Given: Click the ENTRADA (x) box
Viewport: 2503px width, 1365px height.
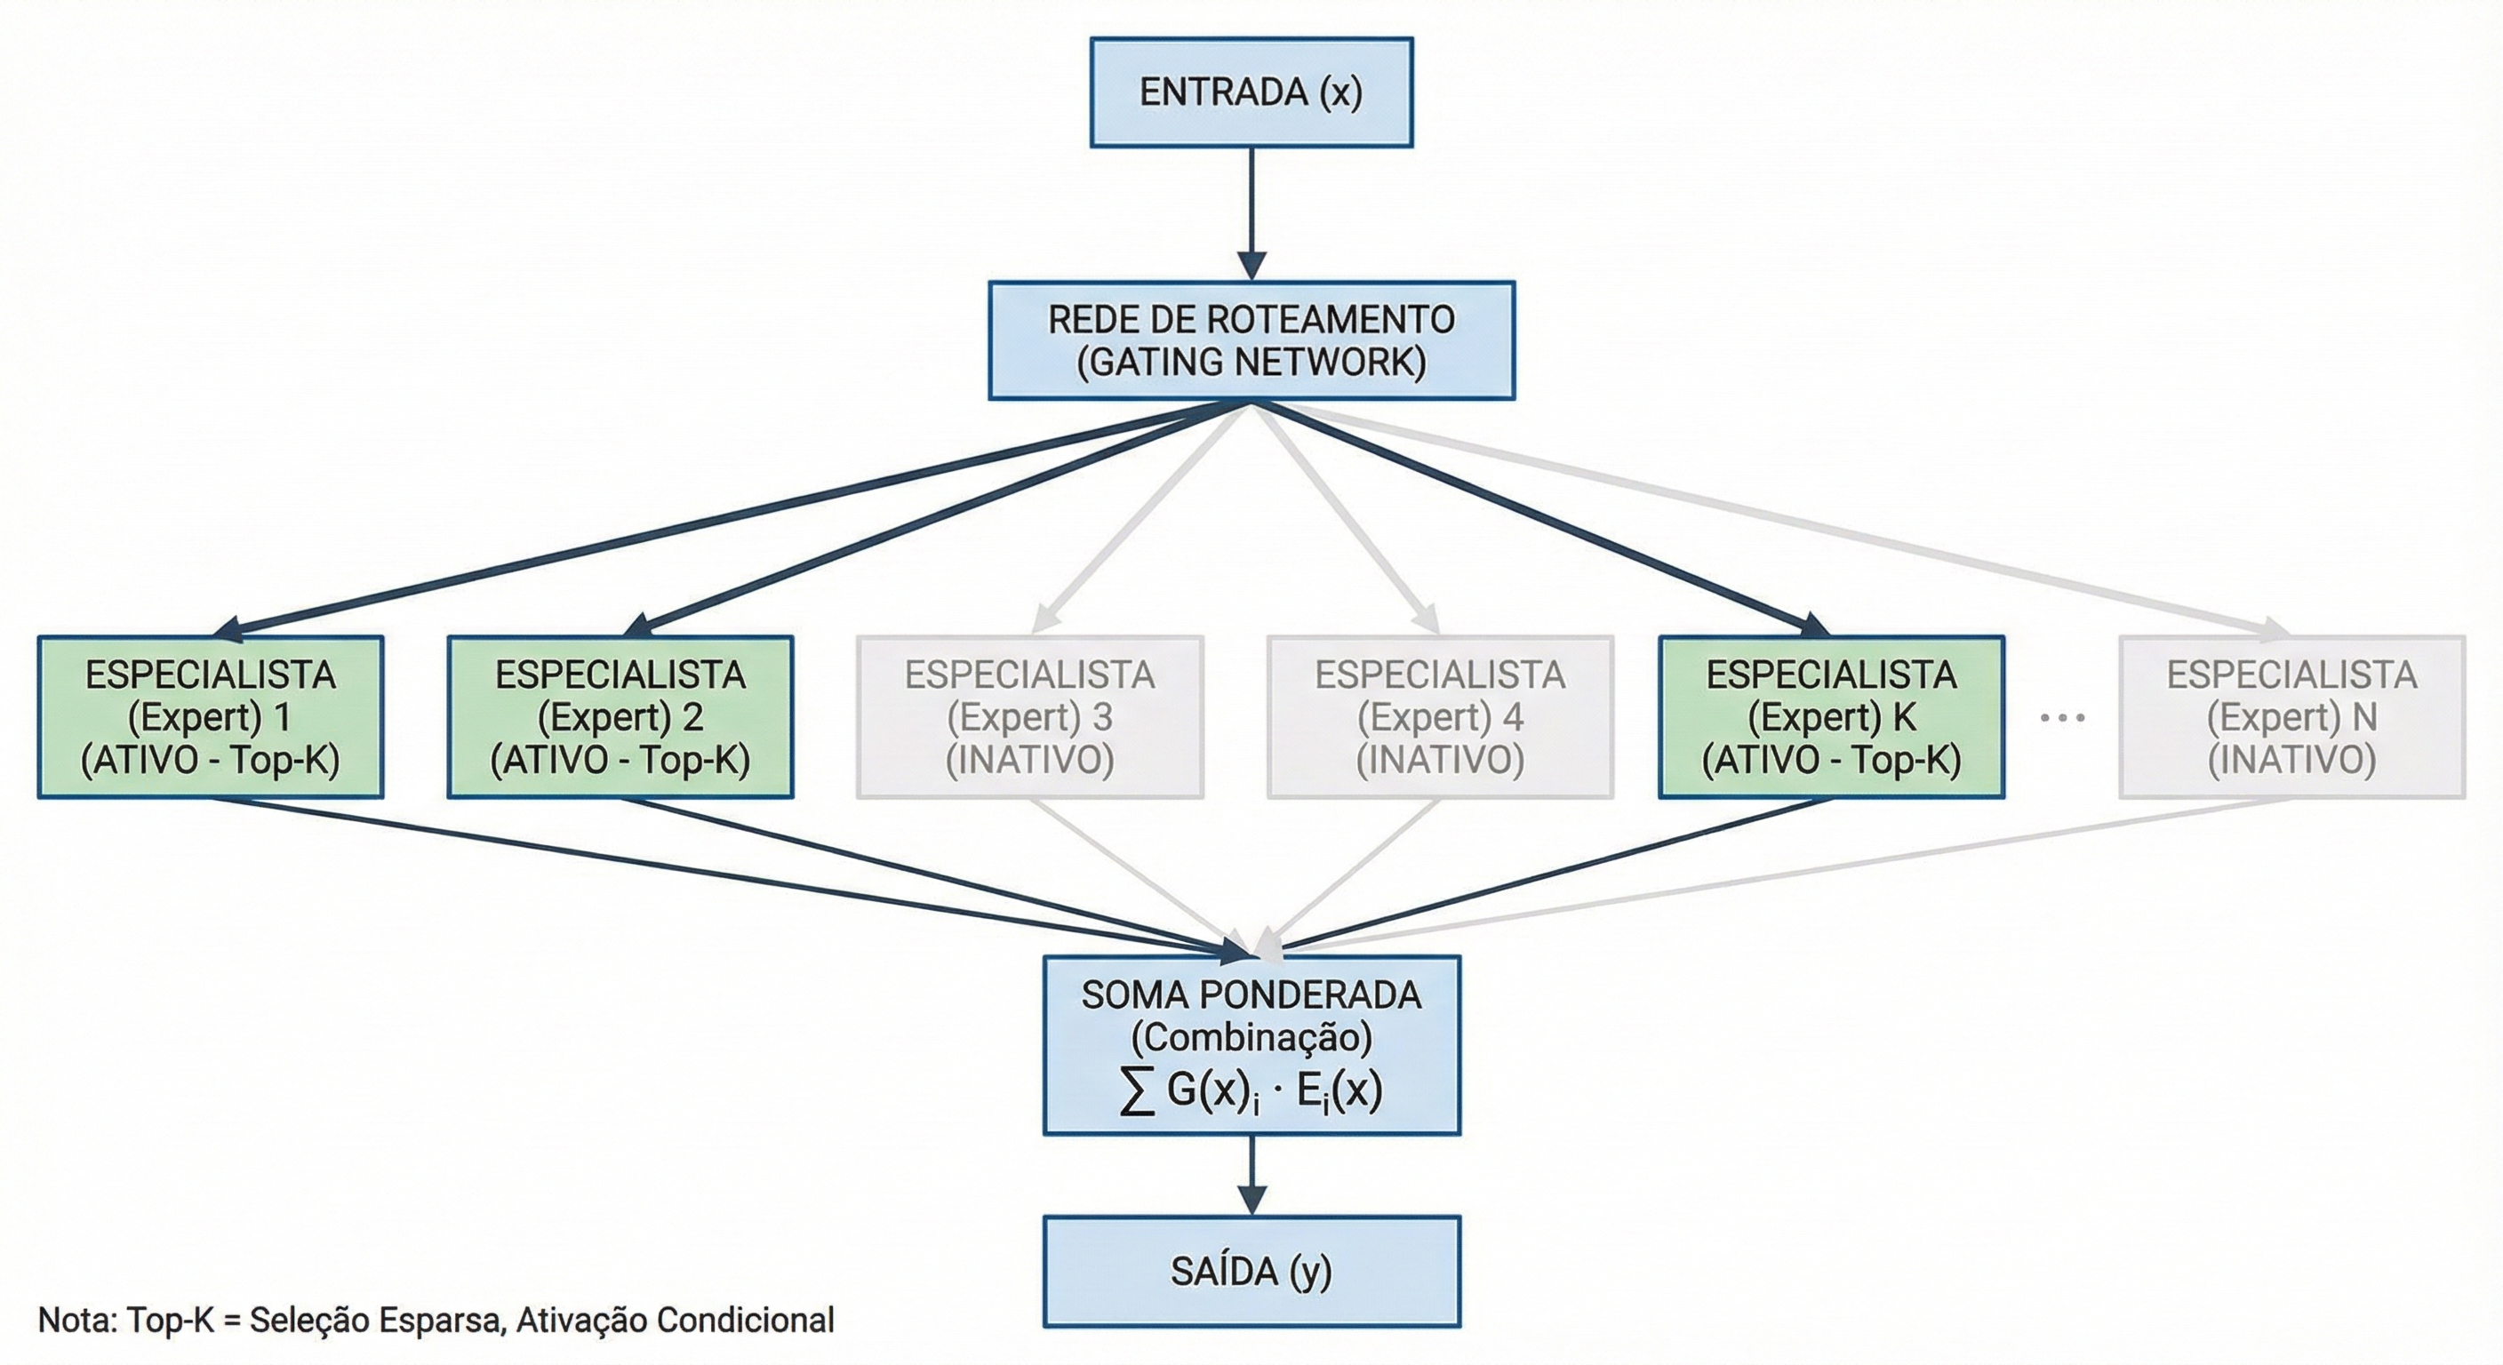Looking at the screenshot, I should (x=1251, y=92).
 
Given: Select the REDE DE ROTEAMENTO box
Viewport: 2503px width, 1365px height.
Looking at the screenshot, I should (x=1251, y=321).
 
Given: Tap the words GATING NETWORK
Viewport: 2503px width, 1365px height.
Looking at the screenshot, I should (x=1251, y=363).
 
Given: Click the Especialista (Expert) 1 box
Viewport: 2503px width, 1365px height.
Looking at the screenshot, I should (x=210, y=717).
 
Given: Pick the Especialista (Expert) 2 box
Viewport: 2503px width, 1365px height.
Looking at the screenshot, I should (x=620, y=717).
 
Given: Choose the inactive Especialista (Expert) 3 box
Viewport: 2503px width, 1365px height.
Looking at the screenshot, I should (x=1030, y=717).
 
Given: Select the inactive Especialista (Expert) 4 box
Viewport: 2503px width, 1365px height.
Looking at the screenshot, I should (x=1440, y=717).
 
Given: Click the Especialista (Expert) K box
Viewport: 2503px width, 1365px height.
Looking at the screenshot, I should (x=1831, y=717).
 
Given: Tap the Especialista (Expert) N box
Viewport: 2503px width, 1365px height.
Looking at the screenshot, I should (x=2291, y=717).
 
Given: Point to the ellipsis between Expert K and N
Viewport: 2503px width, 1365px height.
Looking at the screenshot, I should (x=2062, y=718).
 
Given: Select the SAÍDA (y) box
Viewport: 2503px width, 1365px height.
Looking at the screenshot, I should (x=1251, y=1271).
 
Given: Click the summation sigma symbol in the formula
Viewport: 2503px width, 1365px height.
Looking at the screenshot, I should (x=1137, y=1092).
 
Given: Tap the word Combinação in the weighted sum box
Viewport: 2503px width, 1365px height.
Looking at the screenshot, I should (x=1251, y=1038).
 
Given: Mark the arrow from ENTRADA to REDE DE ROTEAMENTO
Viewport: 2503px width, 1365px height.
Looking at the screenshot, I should (x=1251, y=209).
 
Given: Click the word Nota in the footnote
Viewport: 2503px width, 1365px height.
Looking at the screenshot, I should (x=76, y=1321).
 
